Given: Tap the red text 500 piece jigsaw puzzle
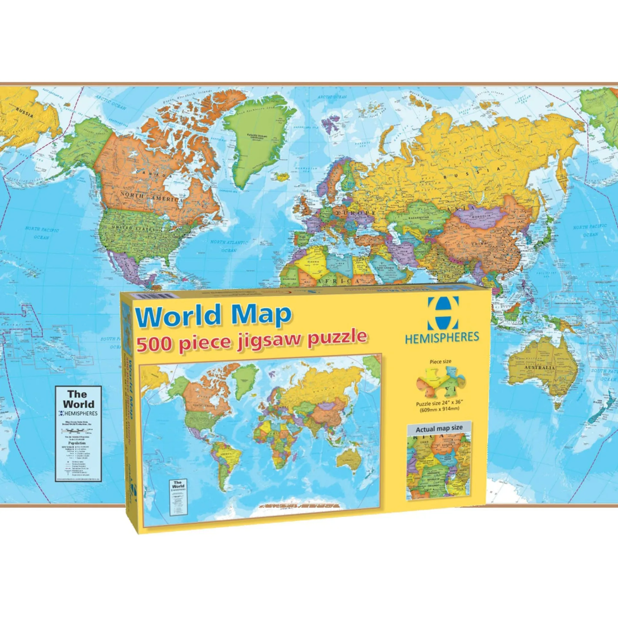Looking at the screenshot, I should click(252, 339).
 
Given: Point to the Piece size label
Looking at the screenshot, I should click(440, 362).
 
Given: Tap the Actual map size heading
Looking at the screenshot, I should click(439, 429).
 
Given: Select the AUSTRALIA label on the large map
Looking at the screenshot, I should click(539, 367).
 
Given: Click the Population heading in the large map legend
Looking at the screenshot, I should click(77, 443).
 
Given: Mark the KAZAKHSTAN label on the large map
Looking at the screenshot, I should click(418, 218).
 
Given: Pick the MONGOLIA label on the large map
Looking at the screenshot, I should click(480, 216).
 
